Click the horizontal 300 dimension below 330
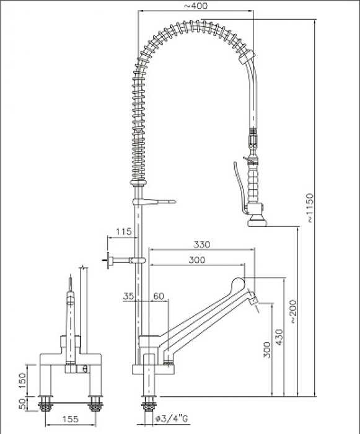pos(196,260)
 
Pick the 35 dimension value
pos(128,296)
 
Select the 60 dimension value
pos(158,296)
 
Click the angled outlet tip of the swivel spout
pos(253,299)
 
